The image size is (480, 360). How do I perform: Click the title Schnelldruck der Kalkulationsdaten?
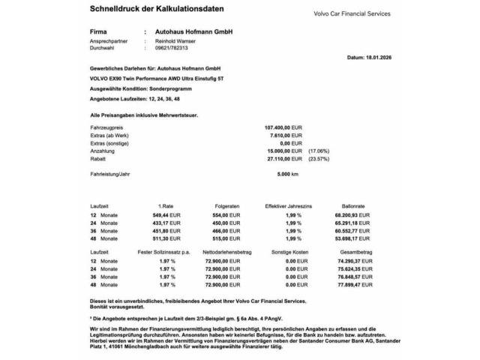(x=154, y=10)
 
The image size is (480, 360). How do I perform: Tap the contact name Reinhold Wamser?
(x=175, y=42)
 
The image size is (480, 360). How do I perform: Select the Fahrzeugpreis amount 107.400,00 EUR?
(x=283, y=129)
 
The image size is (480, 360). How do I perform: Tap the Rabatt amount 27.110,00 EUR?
(x=284, y=158)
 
